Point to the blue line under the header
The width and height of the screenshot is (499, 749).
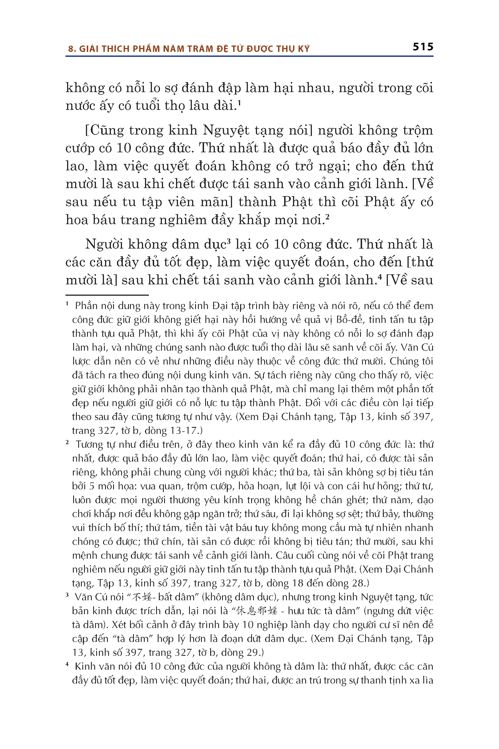249,56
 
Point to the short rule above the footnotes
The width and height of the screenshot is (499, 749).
107,295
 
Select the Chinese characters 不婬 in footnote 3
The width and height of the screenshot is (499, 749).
142,597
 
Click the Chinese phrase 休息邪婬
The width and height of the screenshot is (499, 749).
257,611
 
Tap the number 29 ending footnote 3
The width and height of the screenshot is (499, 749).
253,652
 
